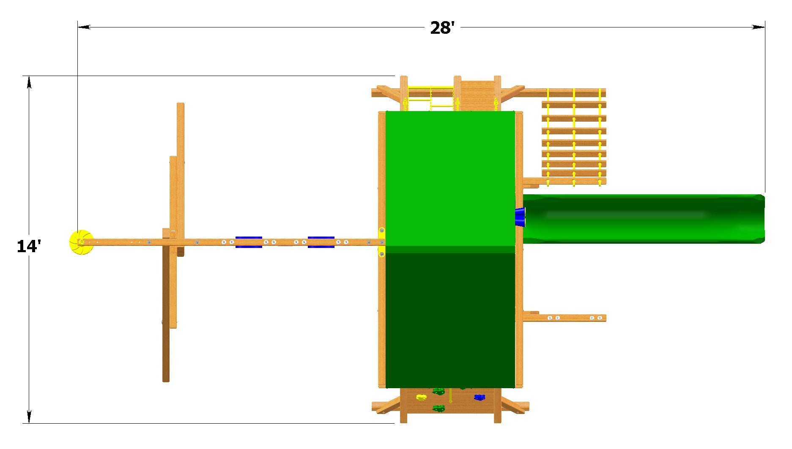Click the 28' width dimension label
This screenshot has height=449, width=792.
point(442,28)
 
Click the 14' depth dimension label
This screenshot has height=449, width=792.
point(29,246)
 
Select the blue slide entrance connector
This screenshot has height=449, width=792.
point(520,217)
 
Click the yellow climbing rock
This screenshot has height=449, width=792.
point(421,397)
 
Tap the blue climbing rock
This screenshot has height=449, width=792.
point(479,397)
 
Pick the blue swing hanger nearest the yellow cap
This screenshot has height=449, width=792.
point(249,242)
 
